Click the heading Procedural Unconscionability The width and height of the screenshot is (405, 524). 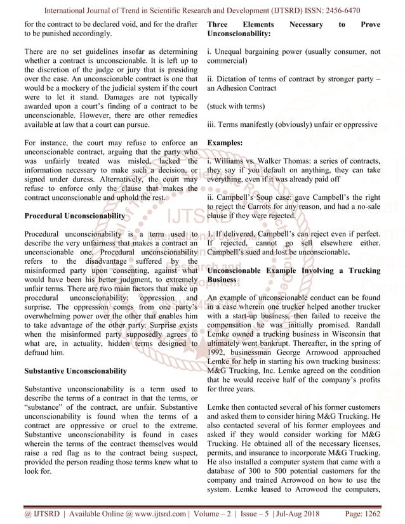74,216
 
